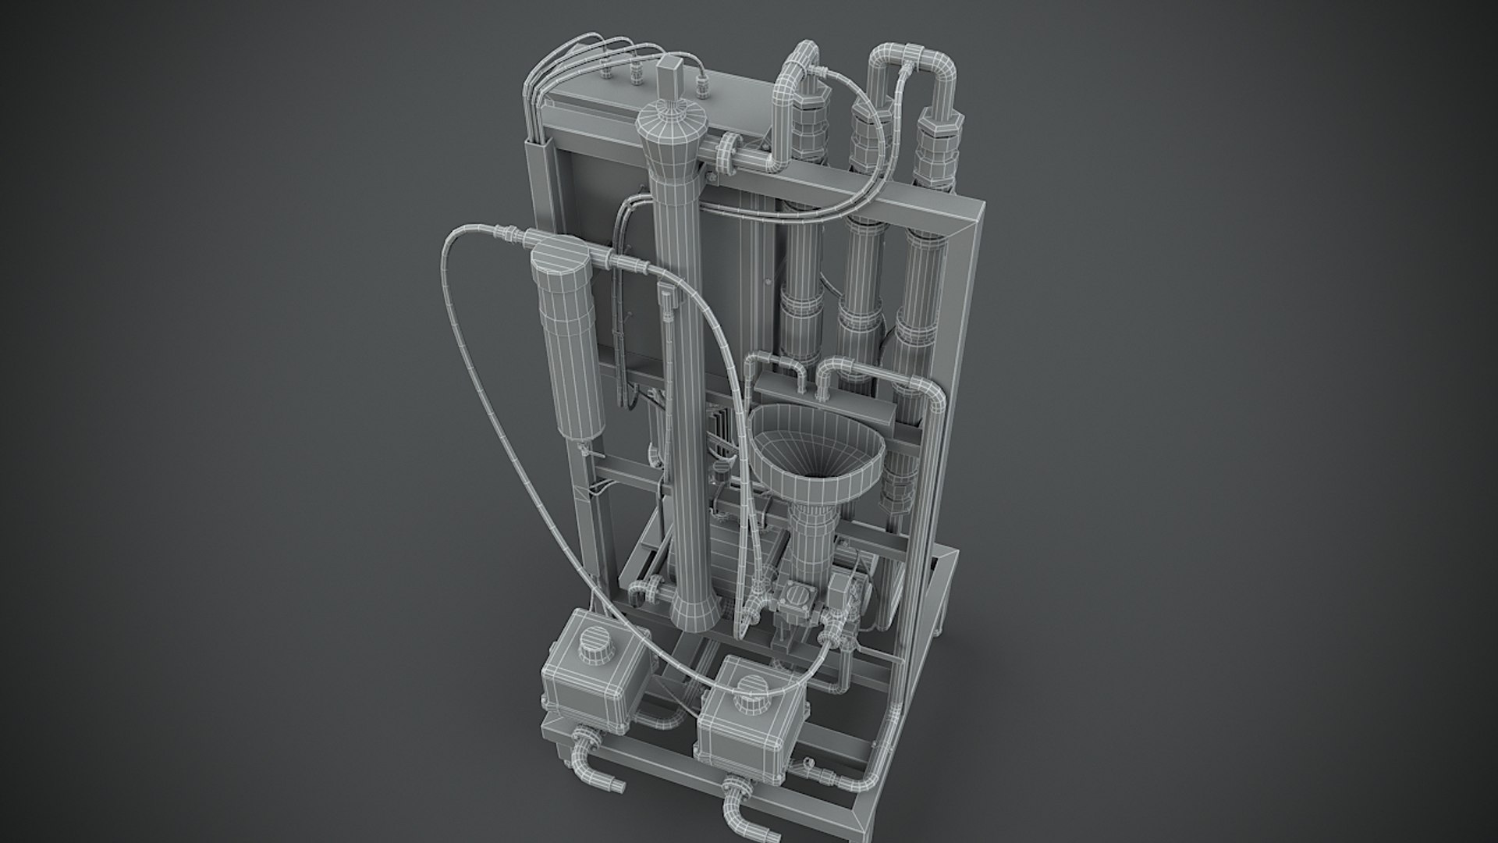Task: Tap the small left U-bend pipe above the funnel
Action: (776, 367)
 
